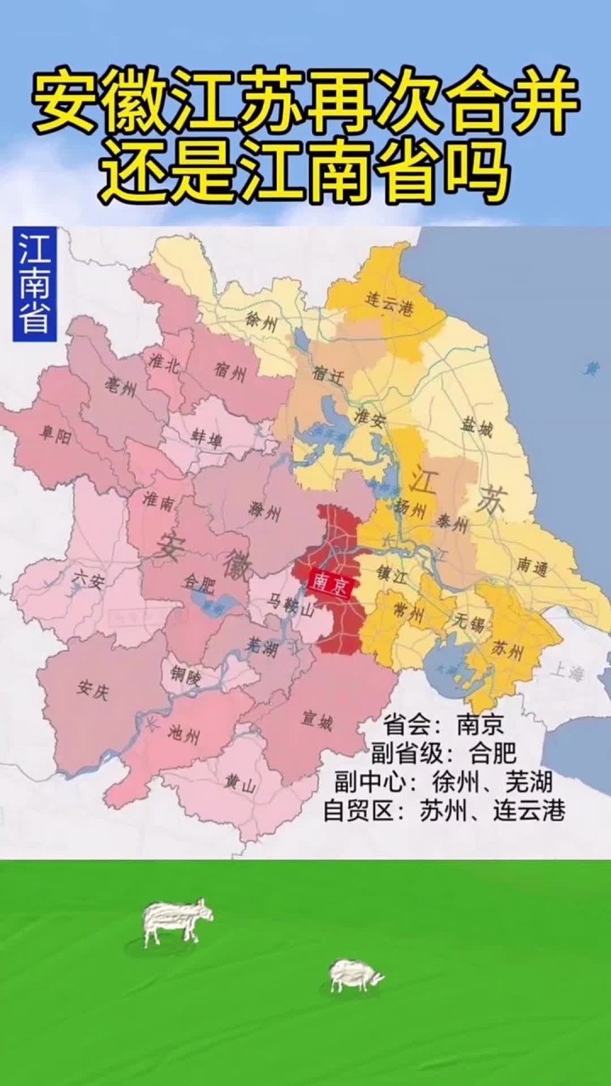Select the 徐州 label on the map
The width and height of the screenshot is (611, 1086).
pyautogui.click(x=261, y=320)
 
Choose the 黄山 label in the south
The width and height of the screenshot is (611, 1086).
pyautogui.click(x=240, y=783)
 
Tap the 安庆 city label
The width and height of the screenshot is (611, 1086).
pyautogui.click(x=91, y=688)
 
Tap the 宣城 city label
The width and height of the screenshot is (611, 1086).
pyautogui.click(x=317, y=721)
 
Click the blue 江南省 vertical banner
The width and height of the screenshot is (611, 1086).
pyautogui.click(x=34, y=284)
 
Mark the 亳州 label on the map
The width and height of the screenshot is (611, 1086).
pyautogui.click(x=121, y=387)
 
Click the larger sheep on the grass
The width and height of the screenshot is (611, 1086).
pyautogui.click(x=177, y=921)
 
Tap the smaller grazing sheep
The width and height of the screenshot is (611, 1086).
pyautogui.click(x=356, y=975)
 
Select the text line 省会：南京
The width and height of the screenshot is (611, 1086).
pyautogui.click(x=443, y=725)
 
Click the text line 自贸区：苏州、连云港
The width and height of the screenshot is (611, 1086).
pyautogui.click(x=444, y=810)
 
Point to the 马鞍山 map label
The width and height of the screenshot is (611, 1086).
pyautogui.click(x=291, y=604)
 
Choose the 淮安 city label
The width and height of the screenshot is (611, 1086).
pyautogui.click(x=371, y=417)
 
